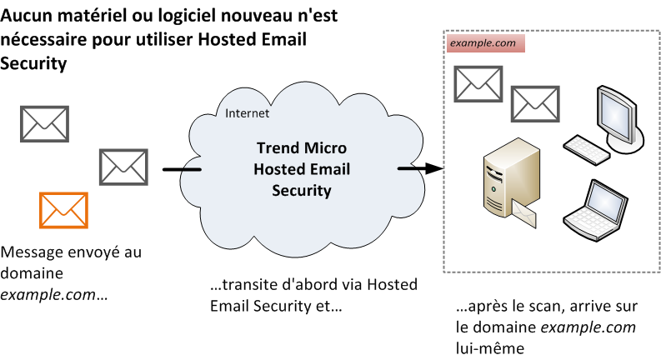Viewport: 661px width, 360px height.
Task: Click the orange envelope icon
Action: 63,209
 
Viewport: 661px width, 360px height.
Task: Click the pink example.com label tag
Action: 485,43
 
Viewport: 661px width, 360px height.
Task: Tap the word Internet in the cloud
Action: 248,113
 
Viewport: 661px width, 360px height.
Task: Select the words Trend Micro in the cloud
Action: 301,149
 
